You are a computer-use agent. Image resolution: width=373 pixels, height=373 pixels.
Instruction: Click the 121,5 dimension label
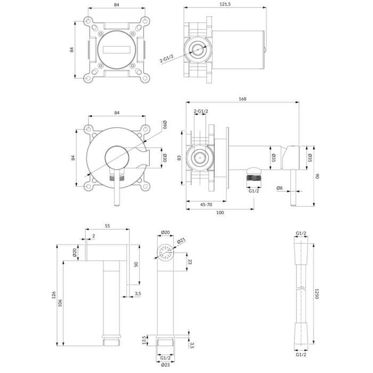coord(225,4)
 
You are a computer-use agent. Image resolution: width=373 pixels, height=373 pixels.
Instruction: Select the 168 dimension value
coord(242,99)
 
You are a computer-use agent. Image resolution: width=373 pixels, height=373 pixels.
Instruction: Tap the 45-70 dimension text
coord(206,205)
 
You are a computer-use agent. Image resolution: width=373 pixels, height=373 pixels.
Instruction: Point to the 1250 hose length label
coord(317,294)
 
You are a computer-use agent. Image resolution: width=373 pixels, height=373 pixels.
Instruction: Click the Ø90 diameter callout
coord(165,125)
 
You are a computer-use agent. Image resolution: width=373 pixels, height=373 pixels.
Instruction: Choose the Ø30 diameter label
coord(165,158)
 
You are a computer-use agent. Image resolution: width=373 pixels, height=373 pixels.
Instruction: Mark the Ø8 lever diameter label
coord(280,188)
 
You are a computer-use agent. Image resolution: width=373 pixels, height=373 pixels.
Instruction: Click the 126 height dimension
coord(54,295)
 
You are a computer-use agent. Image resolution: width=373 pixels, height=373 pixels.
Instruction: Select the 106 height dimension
coord(60,303)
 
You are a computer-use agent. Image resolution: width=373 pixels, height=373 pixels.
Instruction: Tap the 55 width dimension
coord(107,226)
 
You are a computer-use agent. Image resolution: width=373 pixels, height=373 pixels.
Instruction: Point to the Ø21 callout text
coord(181,241)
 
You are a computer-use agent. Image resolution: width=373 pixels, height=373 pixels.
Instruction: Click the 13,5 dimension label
coord(143,340)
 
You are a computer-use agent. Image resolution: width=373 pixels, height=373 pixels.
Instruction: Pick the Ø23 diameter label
coord(165,365)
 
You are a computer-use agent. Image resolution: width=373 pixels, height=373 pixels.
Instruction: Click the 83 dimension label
coord(180,158)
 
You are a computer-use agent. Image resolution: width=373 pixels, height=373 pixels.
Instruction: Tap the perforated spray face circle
coord(166,252)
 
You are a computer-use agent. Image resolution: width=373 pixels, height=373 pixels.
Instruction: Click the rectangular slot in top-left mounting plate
coord(117,50)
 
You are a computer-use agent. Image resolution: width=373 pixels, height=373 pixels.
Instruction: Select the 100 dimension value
coord(220,213)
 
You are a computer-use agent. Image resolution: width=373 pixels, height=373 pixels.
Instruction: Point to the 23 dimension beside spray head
coord(190,262)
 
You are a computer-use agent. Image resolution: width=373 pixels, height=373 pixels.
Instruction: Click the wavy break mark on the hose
coord(301,288)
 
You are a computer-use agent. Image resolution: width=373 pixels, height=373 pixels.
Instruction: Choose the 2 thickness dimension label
coord(94,236)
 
